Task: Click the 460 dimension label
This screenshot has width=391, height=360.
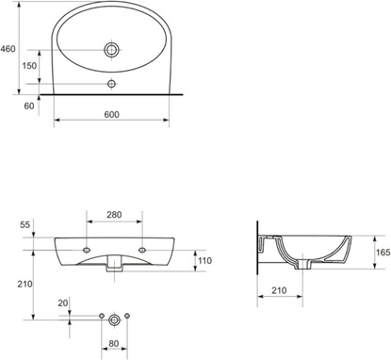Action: tap(8, 48)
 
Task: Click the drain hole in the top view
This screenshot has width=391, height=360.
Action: tap(112, 48)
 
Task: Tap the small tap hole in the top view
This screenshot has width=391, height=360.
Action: tap(112, 85)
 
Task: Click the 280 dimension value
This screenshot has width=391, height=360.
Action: tap(113, 216)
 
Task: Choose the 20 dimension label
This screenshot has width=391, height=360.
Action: tap(63, 303)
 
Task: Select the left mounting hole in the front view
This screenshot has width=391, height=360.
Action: tap(87, 250)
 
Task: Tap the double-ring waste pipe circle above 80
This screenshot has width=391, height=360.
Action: tap(113, 319)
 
